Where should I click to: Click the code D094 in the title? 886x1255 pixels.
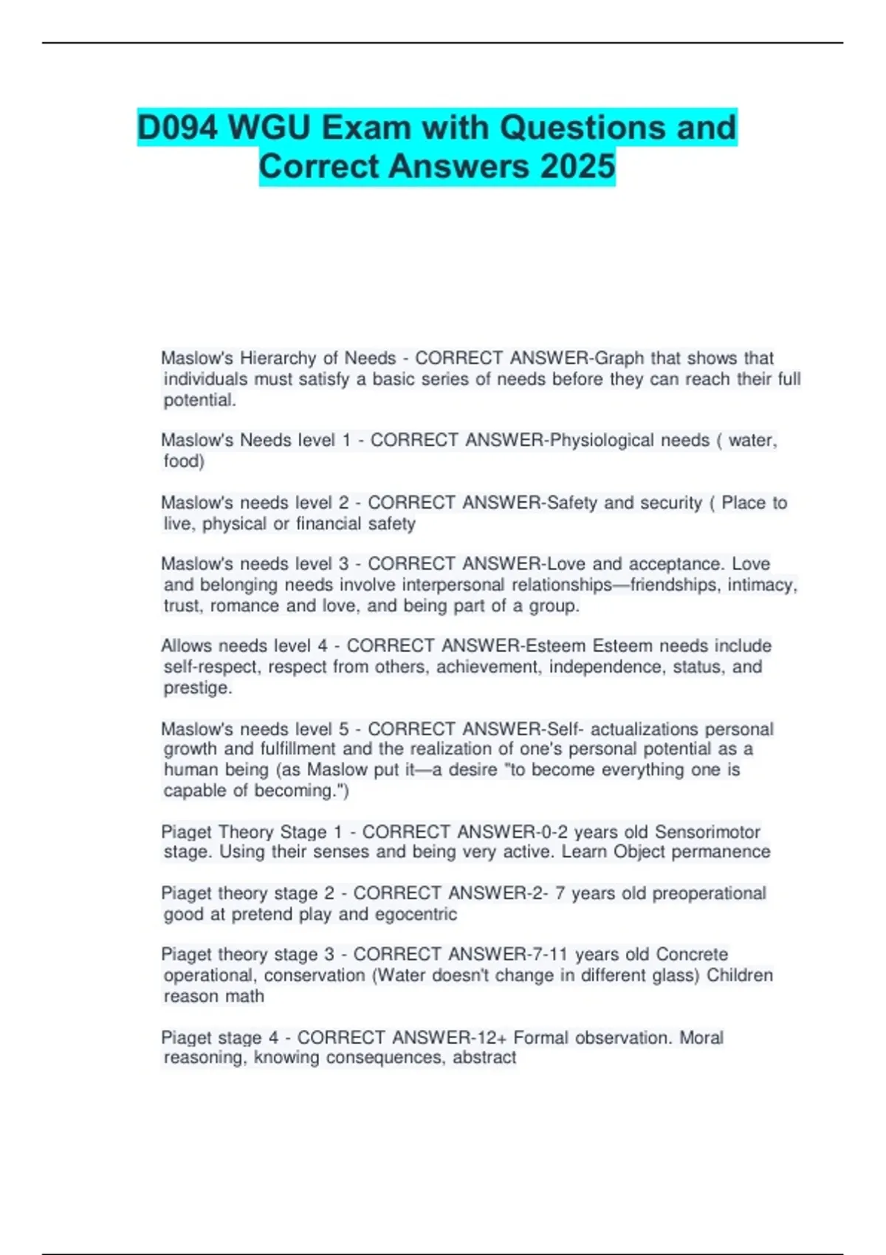178,128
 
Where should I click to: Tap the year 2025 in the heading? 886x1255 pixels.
577,166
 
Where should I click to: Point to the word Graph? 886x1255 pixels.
619,358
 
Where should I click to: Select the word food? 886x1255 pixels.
184,461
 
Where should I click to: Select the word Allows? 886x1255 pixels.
187,646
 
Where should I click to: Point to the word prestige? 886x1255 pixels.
197,688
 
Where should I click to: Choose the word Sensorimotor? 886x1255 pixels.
707,832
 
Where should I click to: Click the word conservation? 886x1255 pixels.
315,975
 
